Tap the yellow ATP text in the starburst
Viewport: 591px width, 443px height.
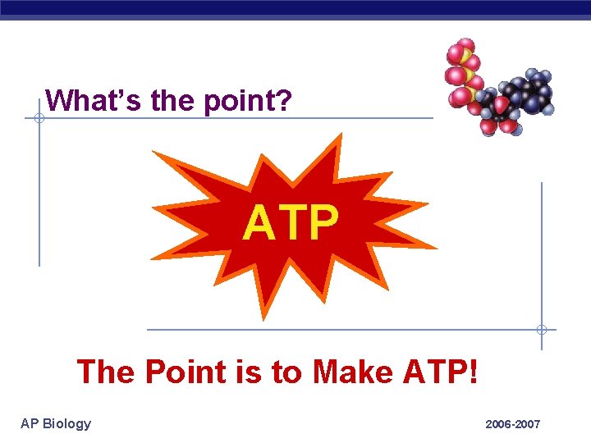click(291, 223)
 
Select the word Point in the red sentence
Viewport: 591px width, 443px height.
click(183, 372)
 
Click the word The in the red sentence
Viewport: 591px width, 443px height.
click(105, 372)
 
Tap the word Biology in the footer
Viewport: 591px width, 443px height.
click(66, 423)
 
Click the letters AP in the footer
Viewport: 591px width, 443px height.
click(30, 423)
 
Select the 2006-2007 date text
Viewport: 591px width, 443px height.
click(512, 424)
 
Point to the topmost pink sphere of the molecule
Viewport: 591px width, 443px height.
click(465, 44)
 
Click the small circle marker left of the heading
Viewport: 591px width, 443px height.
click(39, 118)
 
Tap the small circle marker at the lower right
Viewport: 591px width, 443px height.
click(541, 330)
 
